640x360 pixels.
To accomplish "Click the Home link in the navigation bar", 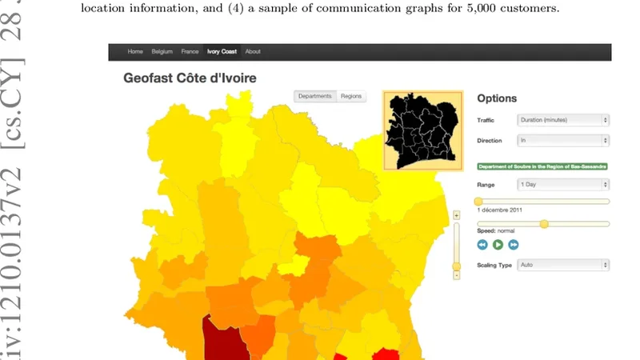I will (x=135, y=52).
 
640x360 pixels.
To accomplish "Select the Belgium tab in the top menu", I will (x=162, y=52).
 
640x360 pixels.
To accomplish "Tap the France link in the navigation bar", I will (x=190, y=52).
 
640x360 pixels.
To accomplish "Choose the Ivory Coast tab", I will (x=222, y=52).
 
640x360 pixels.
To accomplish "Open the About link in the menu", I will (x=253, y=52).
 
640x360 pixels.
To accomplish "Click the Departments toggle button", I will (x=315, y=96).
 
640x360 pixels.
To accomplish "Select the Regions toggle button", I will (x=351, y=96).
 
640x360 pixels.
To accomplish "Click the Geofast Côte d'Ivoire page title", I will (x=190, y=78).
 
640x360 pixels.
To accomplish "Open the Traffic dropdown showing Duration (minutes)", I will (x=562, y=120).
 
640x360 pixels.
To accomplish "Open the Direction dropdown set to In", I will (x=562, y=141).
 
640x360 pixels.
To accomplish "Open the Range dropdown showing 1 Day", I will (x=562, y=184).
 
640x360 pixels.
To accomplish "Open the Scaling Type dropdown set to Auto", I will (x=562, y=265).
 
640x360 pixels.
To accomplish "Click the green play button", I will (x=498, y=245).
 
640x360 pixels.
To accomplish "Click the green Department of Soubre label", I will (x=542, y=166).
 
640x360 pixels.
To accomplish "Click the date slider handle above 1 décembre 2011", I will (x=478, y=202).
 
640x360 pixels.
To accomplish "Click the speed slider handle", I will (x=544, y=224).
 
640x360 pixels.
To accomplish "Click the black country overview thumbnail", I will (x=422, y=130).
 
